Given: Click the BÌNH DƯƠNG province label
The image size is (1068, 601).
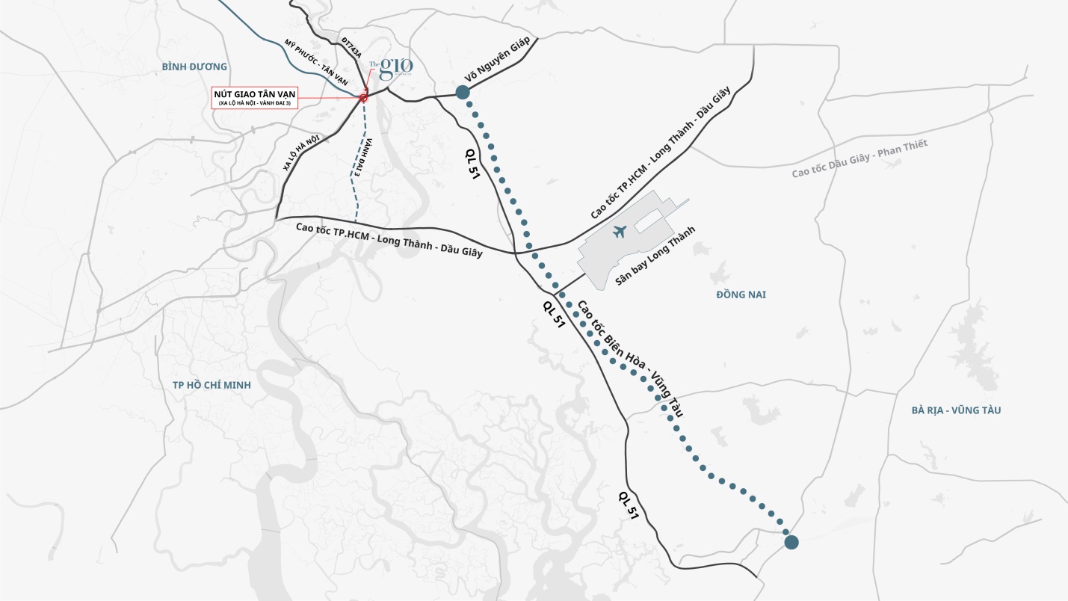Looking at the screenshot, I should pyautogui.click(x=194, y=67).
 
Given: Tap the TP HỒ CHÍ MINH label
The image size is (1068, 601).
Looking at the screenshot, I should pyautogui.click(x=212, y=385).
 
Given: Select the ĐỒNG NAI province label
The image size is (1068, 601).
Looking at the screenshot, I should pyautogui.click(x=741, y=295).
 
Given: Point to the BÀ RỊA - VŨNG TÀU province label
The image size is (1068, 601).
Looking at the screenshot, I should pyautogui.click(x=956, y=410).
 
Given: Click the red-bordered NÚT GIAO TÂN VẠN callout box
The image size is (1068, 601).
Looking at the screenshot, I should pyautogui.click(x=255, y=98).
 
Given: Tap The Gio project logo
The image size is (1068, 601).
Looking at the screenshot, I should pyautogui.click(x=392, y=69).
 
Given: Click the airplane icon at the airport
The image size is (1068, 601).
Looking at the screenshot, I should pyautogui.click(x=620, y=232).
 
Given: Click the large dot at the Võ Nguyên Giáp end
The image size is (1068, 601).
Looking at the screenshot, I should pyautogui.click(x=462, y=92).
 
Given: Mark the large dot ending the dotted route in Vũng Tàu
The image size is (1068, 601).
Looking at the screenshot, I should pyautogui.click(x=791, y=542).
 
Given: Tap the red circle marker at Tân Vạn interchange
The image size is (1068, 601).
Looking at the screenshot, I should pyautogui.click(x=363, y=98).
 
